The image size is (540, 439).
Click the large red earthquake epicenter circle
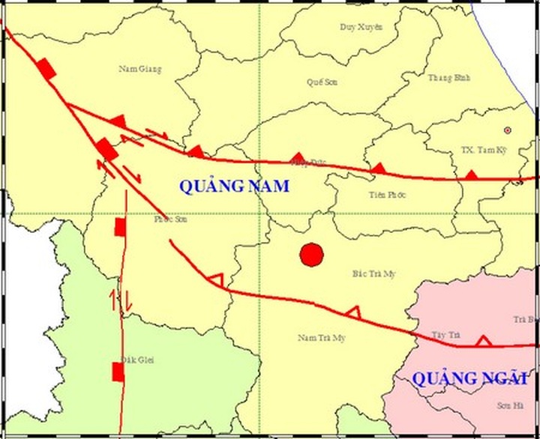coord(311,255)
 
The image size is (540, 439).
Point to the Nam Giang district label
coord(140,69)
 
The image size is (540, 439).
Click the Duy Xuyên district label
coord(361,27)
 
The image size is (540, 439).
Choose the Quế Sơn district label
coord(322,82)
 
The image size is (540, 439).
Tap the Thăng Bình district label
coord(448,77)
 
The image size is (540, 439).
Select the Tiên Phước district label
coord(387,195)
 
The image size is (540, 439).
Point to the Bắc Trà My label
coord(373,273)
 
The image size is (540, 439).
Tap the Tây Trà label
coord(445,334)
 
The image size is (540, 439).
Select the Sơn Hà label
coord(508,405)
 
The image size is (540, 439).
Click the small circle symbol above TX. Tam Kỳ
coord(508,130)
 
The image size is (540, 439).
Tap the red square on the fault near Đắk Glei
coord(118,371)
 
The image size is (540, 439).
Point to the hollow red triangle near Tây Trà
coord(484,341)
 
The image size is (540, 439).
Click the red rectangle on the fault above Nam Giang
coord(47,69)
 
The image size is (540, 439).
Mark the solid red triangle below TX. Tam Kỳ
coord(471,175)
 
